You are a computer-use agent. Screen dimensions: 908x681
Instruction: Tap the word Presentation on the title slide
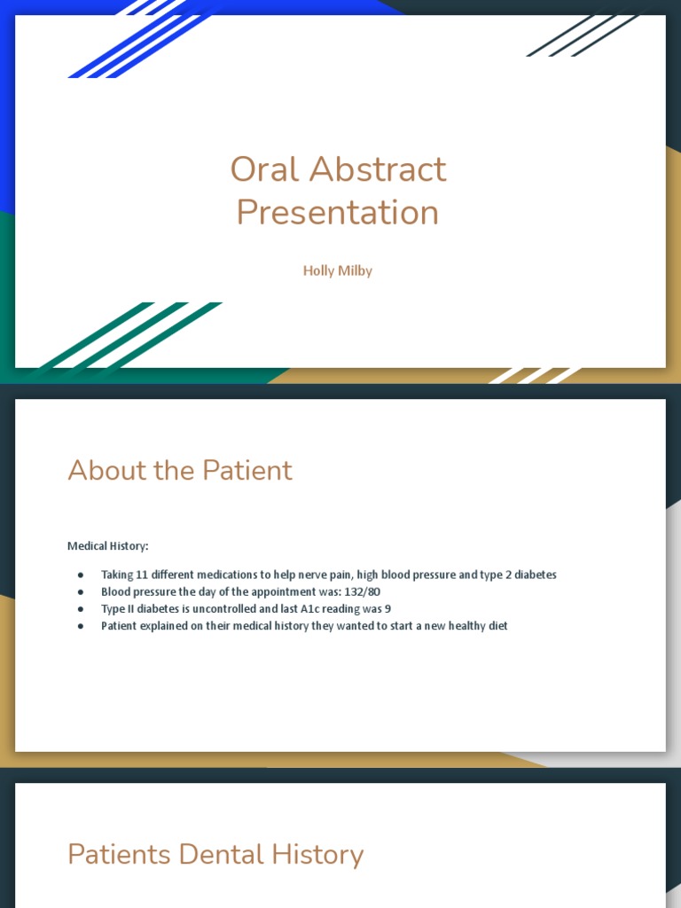tap(338, 213)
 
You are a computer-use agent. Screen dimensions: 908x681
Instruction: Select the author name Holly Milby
tap(338, 270)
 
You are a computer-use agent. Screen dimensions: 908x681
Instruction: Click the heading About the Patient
tap(180, 470)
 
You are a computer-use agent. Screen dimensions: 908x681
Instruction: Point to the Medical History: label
tap(108, 546)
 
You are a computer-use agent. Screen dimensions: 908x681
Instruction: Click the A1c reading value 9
tap(387, 608)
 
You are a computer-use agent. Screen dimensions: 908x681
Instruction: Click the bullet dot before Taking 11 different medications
tap(81, 575)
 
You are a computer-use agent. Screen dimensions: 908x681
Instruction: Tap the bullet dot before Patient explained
tap(81, 626)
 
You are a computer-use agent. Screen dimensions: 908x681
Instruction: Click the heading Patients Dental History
tap(215, 855)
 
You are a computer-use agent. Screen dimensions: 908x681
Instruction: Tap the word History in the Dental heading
tap(316, 855)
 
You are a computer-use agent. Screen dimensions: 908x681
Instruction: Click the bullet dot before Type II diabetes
tap(81, 608)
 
